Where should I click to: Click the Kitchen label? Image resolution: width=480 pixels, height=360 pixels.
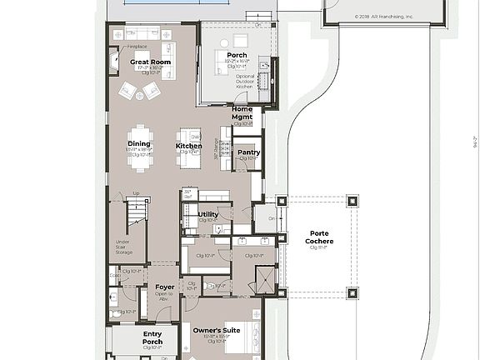click(x=188, y=146)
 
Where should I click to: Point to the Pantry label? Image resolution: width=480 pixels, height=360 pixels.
click(x=248, y=152)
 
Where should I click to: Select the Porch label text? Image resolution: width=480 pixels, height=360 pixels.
click(x=237, y=55)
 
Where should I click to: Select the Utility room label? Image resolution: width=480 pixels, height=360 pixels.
click(x=208, y=214)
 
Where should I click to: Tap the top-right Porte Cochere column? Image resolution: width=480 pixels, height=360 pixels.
click(x=352, y=201)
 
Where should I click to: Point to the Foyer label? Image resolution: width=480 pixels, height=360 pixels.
click(x=164, y=287)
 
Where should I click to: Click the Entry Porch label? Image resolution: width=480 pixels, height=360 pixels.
click(x=152, y=337)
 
